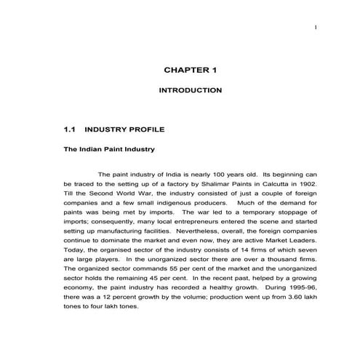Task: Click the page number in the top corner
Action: pos(316,28)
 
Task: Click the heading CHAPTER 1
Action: pos(191,71)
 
